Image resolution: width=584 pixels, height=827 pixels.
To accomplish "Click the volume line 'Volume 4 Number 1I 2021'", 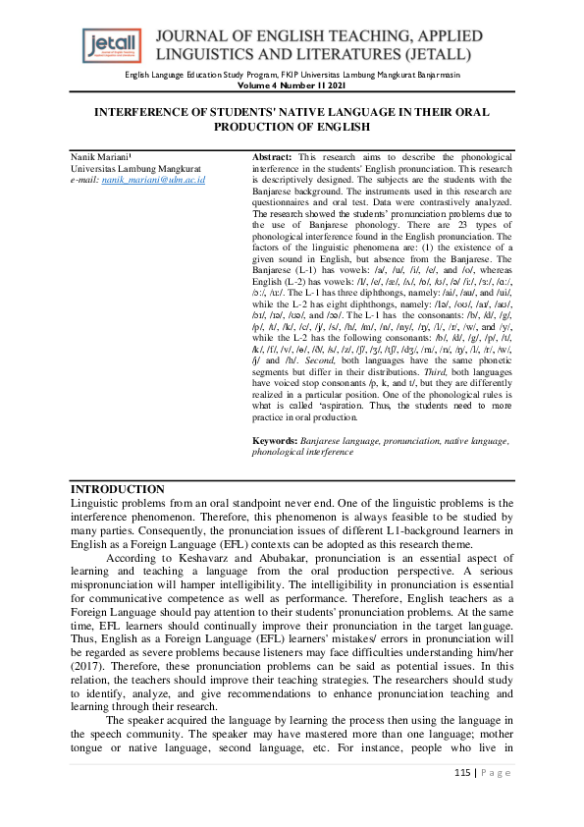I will (292, 85).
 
